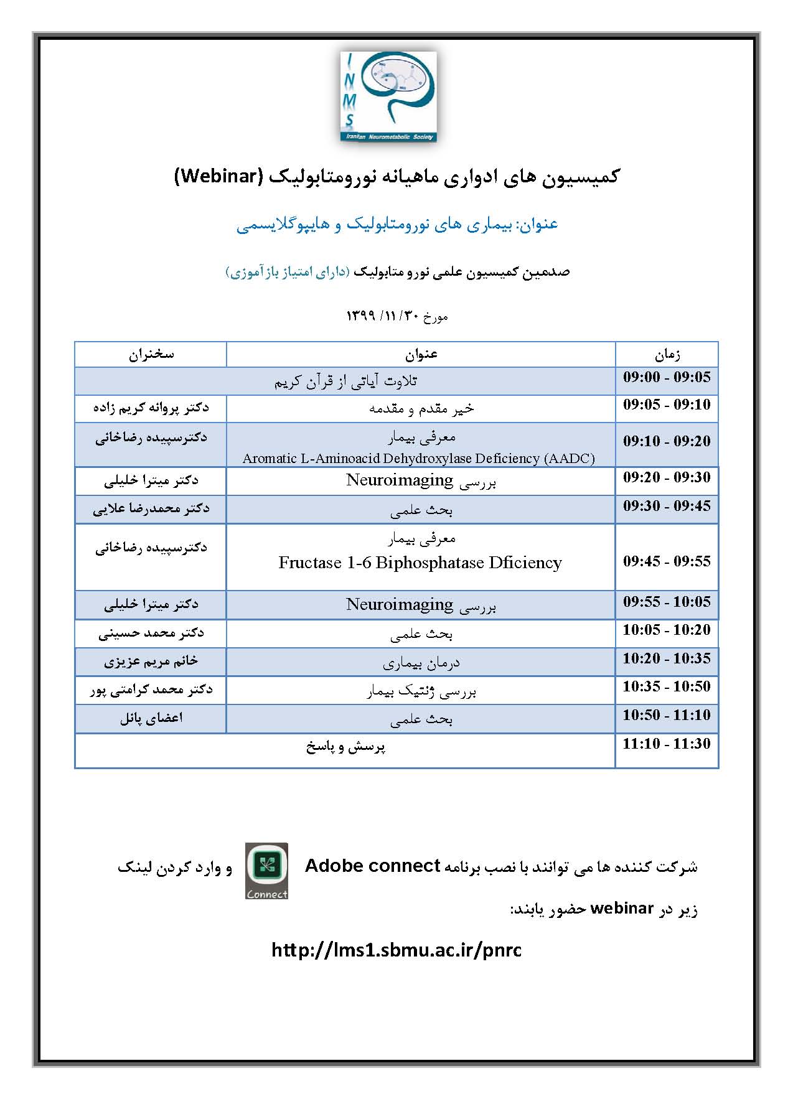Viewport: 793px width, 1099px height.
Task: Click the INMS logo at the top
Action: tap(388, 96)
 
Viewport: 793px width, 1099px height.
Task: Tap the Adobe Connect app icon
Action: tap(266, 871)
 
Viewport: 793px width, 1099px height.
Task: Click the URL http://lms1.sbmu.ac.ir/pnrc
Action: tap(396, 950)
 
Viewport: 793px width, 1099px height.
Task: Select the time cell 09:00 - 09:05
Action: tap(667, 377)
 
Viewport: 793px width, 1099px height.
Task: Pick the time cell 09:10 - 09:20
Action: tap(667, 441)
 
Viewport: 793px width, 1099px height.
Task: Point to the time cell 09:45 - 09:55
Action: tap(667, 561)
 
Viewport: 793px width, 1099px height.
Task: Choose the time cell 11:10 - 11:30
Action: tap(667, 744)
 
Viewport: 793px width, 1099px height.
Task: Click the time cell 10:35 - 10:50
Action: tap(667, 686)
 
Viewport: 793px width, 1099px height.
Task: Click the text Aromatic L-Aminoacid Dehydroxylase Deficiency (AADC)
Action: tap(419, 459)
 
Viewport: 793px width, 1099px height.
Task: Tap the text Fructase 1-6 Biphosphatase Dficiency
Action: tap(420, 563)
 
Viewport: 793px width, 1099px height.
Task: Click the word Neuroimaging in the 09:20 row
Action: tap(400, 480)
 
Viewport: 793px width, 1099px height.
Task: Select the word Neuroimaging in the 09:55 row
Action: tap(400, 604)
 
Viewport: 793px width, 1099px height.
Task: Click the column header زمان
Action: tap(667, 355)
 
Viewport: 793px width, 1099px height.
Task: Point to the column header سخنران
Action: tap(151, 354)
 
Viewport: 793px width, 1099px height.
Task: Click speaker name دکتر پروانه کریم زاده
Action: tap(151, 408)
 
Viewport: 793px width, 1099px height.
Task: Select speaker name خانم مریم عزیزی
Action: tap(151, 662)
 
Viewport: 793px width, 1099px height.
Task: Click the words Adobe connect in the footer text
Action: tap(373, 866)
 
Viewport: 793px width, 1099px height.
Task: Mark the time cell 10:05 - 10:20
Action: tap(667, 630)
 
